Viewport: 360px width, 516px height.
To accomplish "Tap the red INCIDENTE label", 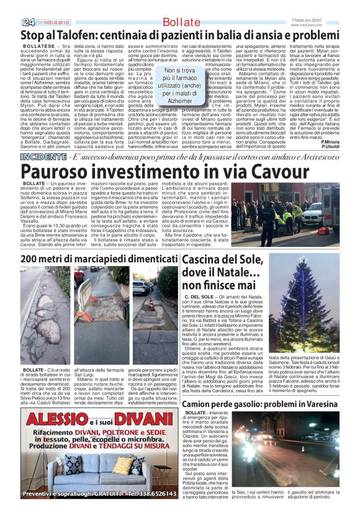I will (x=41, y=156).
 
